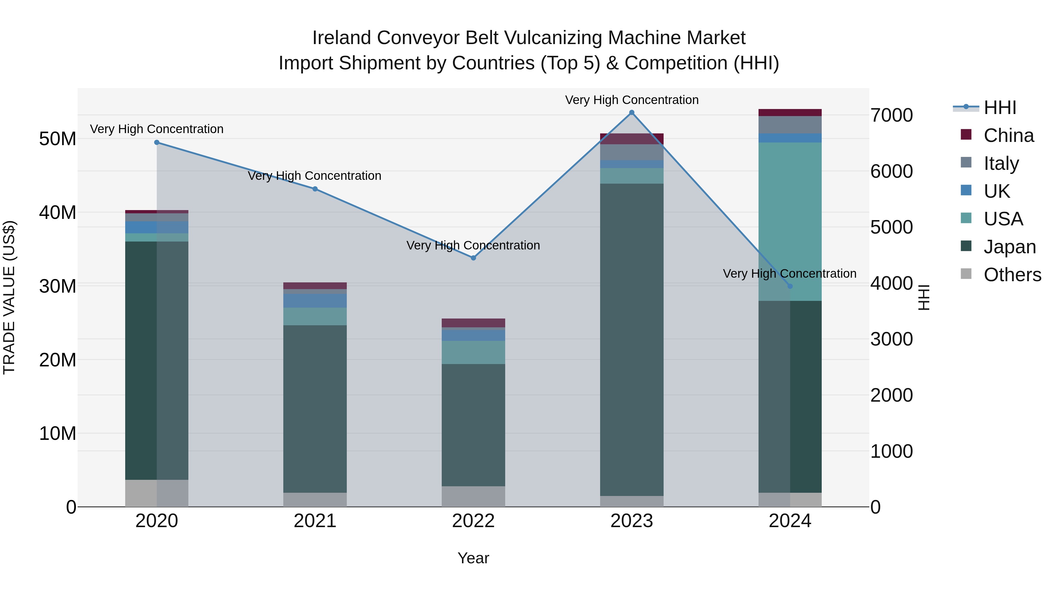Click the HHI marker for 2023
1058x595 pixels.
[x=632, y=113]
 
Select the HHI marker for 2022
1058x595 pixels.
[x=473, y=258]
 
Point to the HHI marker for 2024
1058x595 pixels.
[x=790, y=286]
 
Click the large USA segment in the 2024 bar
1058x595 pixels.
[x=790, y=222]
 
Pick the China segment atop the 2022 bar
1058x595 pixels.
[x=473, y=323]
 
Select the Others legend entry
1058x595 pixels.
[x=1012, y=275]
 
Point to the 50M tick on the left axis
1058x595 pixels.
[x=58, y=139]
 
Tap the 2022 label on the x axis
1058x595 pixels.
[x=473, y=521]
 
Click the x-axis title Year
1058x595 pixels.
[x=473, y=558]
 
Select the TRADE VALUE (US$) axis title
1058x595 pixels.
[x=9, y=297]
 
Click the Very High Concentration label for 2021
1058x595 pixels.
[x=314, y=176]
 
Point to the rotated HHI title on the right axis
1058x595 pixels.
[x=924, y=297]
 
